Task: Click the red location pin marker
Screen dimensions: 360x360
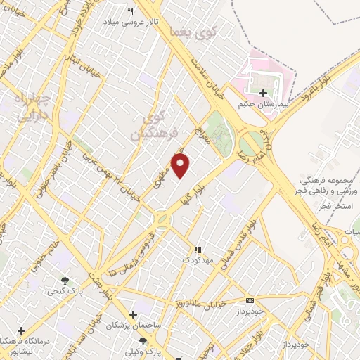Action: point(181,166)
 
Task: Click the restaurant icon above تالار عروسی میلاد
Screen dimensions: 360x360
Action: point(130,11)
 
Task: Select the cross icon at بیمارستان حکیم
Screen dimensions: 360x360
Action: point(263,93)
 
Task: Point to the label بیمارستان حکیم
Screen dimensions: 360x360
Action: point(264,103)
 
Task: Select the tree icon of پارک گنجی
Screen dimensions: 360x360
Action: point(65,280)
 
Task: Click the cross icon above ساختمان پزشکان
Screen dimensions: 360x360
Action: point(133,314)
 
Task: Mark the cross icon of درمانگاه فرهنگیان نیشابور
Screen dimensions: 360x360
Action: point(21,330)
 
